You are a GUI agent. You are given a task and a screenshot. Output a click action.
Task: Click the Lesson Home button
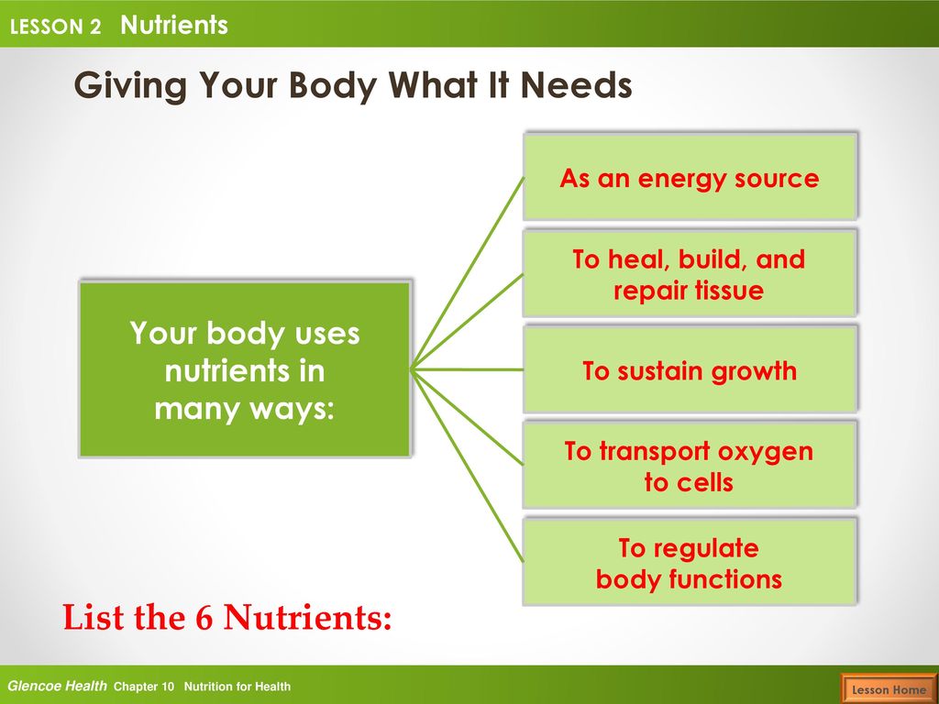[x=889, y=688]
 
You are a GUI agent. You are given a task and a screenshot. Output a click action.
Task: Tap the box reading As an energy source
[x=690, y=177]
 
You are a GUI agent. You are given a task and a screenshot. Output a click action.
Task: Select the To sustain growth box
[x=690, y=369]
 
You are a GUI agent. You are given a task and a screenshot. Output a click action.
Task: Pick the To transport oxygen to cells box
[x=690, y=465]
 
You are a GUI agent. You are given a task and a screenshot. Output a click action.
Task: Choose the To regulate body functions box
[x=690, y=562]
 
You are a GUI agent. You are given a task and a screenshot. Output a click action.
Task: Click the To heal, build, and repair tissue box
[x=690, y=273]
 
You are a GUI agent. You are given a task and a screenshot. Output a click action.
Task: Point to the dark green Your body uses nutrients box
[x=246, y=368]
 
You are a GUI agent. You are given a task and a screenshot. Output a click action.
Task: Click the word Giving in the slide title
[x=130, y=85]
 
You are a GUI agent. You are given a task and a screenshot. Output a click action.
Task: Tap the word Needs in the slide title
[x=576, y=85]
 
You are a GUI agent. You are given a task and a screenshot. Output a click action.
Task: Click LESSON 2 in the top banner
[x=55, y=27]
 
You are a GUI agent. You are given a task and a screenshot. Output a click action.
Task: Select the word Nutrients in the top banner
[x=173, y=25]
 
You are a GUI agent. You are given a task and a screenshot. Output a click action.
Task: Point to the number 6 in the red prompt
[x=204, y=617]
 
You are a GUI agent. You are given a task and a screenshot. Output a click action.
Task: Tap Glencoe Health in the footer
[x=57, y=686]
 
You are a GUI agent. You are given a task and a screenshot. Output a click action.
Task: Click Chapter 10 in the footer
[x=144, y=687]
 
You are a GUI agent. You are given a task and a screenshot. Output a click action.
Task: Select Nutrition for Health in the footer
[x=238, y=687]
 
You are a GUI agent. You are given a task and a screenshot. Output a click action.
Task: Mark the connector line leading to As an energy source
[x=468, y=273]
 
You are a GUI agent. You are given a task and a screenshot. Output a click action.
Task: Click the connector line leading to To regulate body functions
[x=468, y=466]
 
